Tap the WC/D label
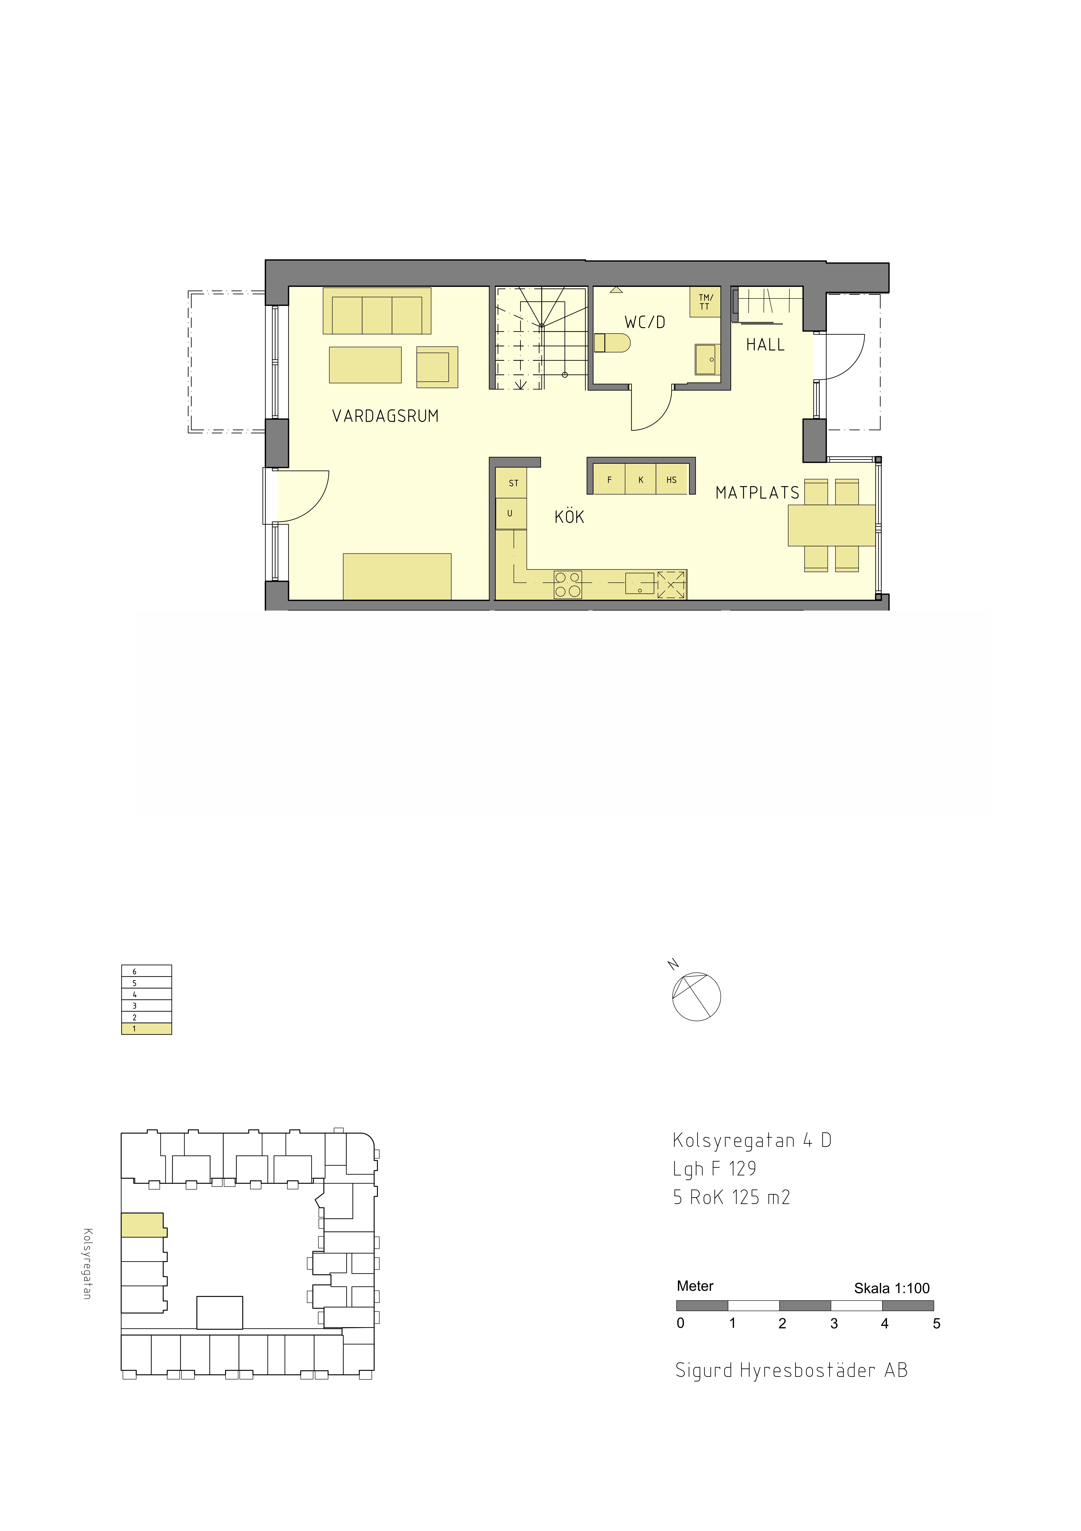tap(644, 322)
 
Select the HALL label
tap(765, 345)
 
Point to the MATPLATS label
tap(757, 493)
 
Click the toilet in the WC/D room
tap(612, 343)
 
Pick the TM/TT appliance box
tap(705, 302)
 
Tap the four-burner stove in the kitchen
tap(568, 585)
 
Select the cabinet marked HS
tap(672, 480)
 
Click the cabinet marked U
tap(511, 513)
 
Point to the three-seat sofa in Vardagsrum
tap(377, 311)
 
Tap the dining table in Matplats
tap(832, 525)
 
